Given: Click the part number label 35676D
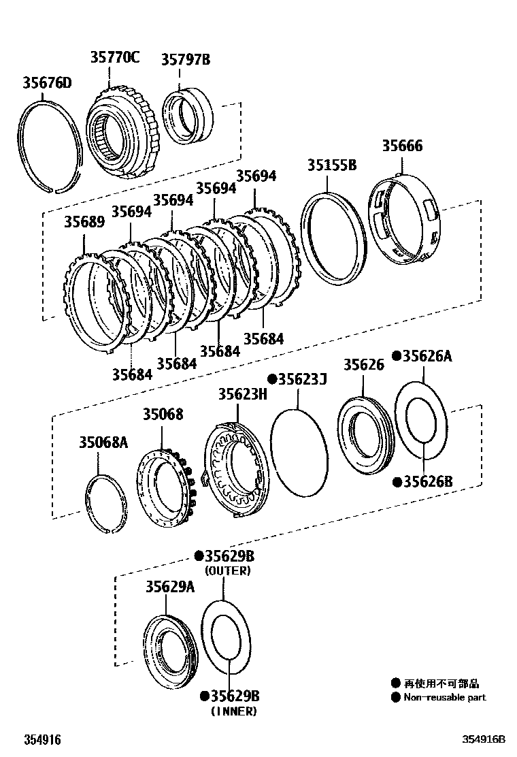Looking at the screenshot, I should point(47,84).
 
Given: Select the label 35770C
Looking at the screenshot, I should point(115,57).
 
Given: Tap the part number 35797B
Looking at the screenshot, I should point(185,60).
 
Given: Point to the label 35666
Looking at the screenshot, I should point(401,146).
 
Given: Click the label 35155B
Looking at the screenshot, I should point(331,165).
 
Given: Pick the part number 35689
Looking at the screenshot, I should point(84,222).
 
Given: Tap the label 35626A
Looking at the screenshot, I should point(427,356).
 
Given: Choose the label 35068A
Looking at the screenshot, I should point(103,442).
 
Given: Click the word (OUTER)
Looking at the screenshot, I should point(228,571).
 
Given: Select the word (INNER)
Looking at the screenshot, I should point(233,711).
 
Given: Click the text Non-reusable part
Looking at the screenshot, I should point(445,697).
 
